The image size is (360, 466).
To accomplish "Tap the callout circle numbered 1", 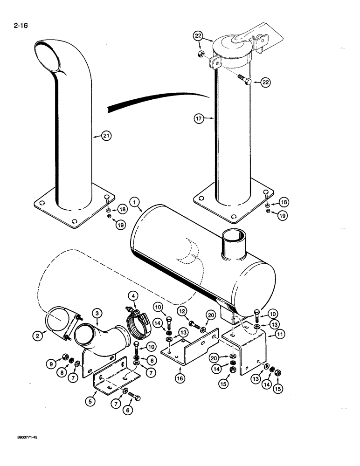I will (134, 202).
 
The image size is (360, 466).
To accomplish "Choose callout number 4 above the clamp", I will (133, 295).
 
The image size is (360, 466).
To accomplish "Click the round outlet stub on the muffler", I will (233, 242).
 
